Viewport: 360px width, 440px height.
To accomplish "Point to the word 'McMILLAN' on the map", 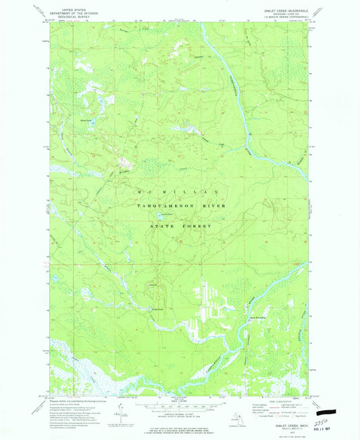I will [x=176, y=192].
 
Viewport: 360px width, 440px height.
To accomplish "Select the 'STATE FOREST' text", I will [x=176, y=225].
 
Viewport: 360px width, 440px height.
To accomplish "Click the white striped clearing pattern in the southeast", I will [x=209, y=301].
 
